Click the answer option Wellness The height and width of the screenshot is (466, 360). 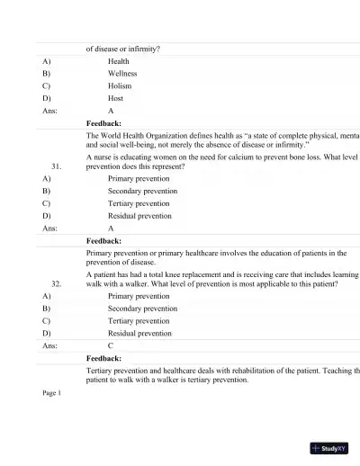tap(122, 74)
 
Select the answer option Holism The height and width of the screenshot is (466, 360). tap(120, 86)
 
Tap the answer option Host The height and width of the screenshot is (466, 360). tap(116, 99)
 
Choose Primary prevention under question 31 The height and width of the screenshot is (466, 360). tap(139, 179)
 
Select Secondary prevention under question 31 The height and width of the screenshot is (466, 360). tap(142, 192)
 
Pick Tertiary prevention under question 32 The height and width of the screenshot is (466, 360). tap(139, 320)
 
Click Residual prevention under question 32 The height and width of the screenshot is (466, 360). tap(139, 333)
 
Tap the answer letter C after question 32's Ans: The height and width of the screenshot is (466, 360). tap(111, 345)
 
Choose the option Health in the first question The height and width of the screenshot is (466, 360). tap(118, 61)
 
